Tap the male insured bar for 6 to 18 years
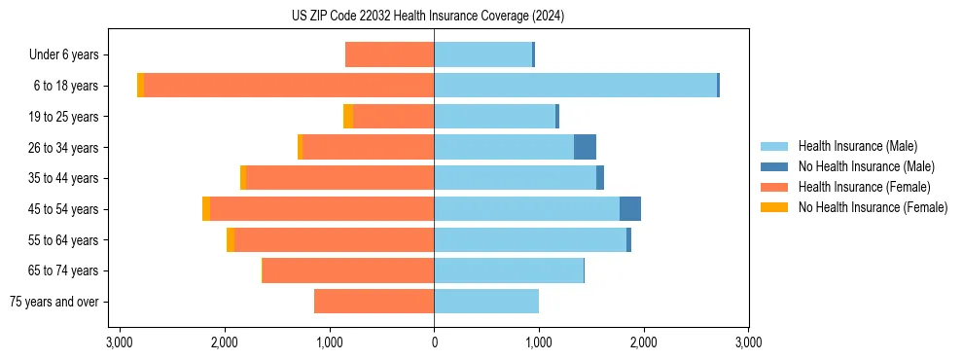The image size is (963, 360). coord(575,86)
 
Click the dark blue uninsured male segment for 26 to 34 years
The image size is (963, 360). coord(585,147)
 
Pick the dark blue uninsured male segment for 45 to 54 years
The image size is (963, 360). coord(630,209)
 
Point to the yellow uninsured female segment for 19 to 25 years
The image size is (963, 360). coord(348,117)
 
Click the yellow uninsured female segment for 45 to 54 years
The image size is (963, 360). coord(206,209)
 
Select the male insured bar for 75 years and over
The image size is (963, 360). coord(486,302)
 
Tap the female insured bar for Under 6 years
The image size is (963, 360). coord(389,54)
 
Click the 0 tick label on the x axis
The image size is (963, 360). coord(434,342)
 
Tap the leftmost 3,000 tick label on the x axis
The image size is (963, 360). coord(120,342)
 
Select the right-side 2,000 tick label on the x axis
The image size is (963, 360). coord(643,342)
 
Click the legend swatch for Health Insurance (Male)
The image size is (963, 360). coord(774,146)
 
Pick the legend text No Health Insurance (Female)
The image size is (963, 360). coord(873,207)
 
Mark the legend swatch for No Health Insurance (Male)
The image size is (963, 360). coord(774,166)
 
